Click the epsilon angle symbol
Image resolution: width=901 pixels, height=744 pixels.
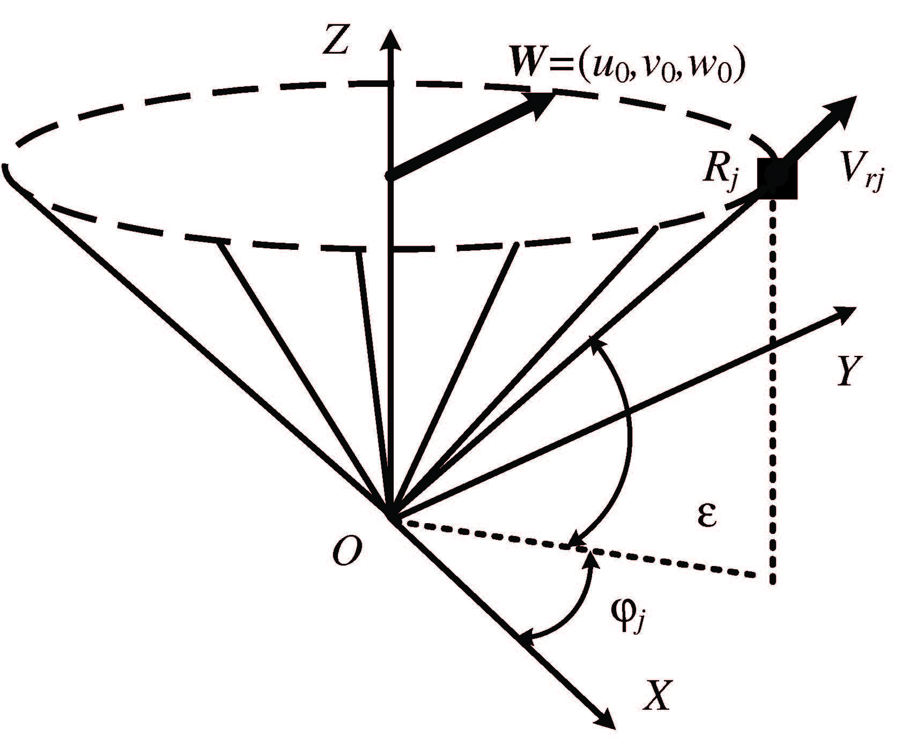[707, 517]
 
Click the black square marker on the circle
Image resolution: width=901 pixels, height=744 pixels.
[777, 178]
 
